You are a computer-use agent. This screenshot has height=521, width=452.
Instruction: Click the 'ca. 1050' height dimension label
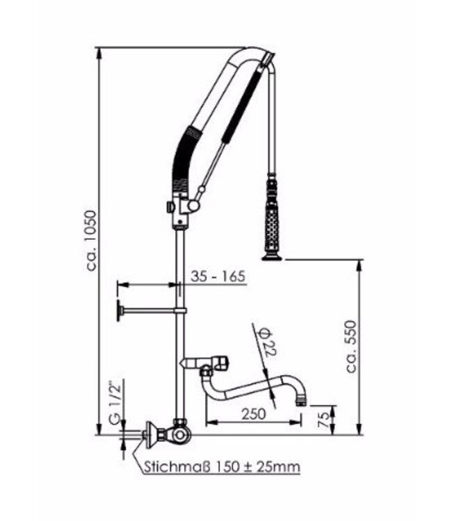tap(92, 240)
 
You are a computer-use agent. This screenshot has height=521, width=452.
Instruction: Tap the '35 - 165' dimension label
tap(217, 276)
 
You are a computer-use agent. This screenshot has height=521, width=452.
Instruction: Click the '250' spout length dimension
tap(255, 413)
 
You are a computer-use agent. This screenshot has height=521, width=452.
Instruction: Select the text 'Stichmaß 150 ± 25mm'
tap(222, 466)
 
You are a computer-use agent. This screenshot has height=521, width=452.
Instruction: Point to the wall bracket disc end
tap(120, 312)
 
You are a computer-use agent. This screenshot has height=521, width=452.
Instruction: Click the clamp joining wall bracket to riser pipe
tap(181, 311)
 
